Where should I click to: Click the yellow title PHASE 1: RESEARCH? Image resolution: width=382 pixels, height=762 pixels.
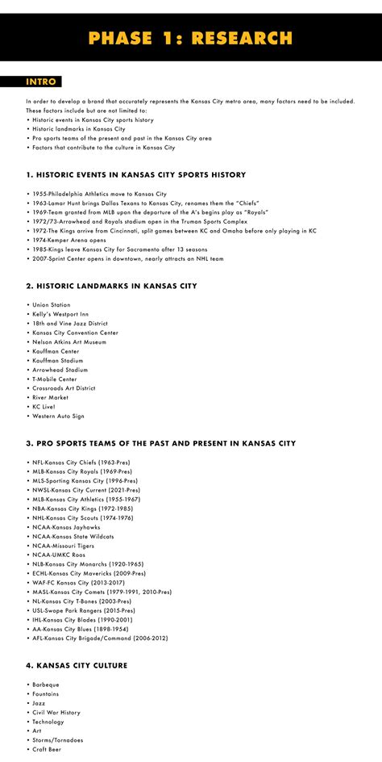coord(191,38)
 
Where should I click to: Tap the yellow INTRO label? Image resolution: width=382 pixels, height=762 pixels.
coord(40,82)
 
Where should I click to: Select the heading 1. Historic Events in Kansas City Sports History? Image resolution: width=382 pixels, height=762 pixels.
coord(135,174)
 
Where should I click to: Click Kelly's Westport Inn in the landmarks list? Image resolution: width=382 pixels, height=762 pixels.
coord(60,314)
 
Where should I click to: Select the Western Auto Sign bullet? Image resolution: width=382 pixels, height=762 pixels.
coord(58,416)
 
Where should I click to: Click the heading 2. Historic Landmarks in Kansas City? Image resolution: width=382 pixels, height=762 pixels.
coord(111,286)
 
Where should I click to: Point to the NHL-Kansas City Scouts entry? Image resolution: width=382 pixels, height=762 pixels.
coord(84,517)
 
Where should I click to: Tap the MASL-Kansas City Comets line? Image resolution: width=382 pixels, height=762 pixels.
coord(102,592)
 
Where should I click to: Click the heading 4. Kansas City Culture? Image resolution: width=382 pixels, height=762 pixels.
coord(77,665)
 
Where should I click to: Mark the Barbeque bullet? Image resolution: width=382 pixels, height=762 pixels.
coord(46,685)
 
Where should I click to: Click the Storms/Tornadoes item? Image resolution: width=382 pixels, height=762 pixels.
coord(57,740)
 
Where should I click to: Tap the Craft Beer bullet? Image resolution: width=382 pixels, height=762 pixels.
coord(48,750)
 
